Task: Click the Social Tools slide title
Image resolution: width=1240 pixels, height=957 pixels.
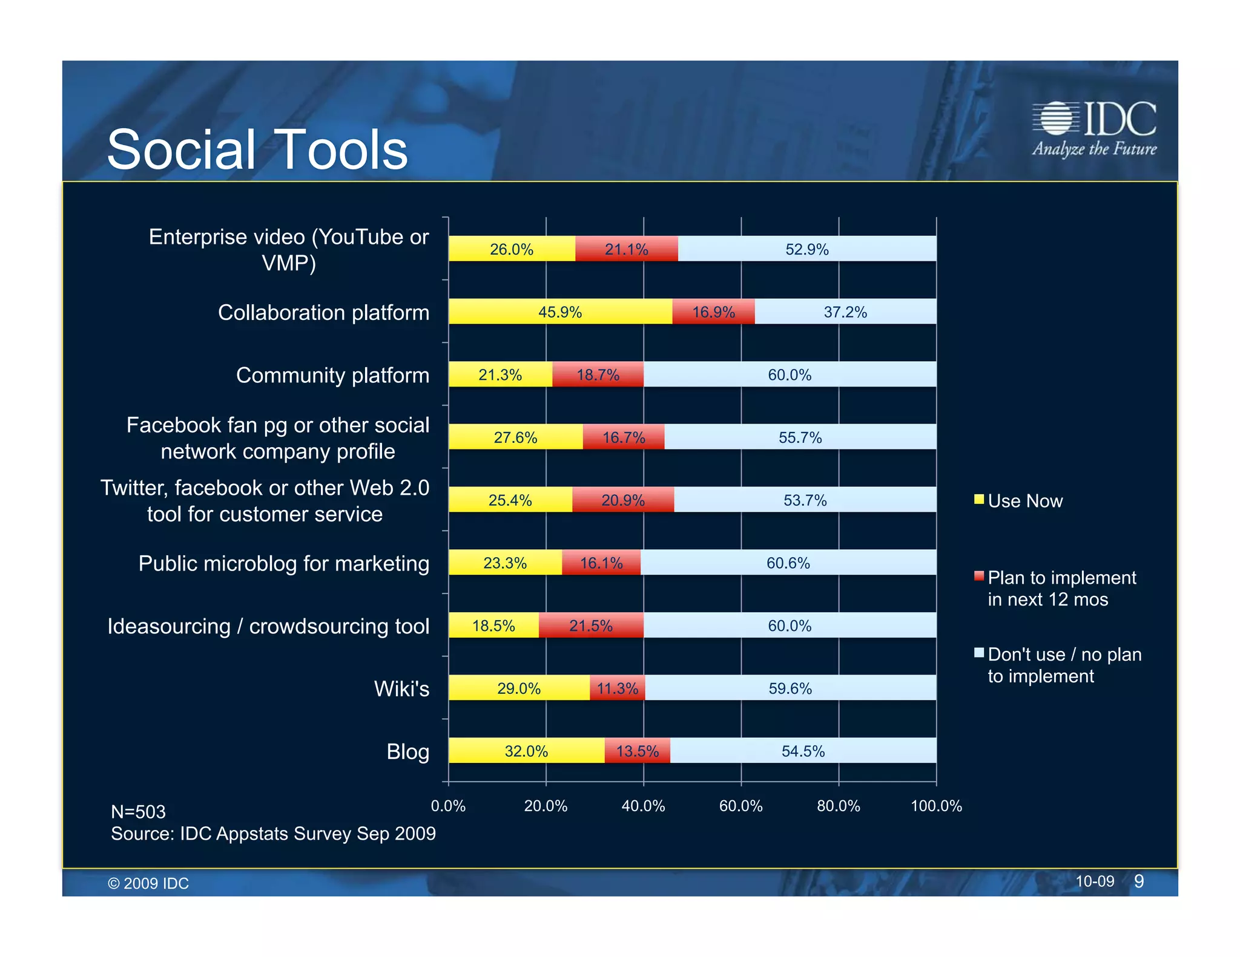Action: click(257, 149)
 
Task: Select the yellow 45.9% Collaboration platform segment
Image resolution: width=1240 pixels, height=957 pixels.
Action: click(560, 312)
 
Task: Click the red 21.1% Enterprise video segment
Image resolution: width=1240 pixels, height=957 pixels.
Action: click(627, 249)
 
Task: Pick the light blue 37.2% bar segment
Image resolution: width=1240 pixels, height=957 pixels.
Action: click(845, 312)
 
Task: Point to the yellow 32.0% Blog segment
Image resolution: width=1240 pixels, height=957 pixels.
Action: click(526, 751)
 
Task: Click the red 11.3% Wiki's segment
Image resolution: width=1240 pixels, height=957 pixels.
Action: click(618, 688)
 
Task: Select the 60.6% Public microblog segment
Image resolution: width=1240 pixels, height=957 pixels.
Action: click(788, 563)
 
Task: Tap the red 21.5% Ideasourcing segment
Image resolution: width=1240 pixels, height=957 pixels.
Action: click(591, 625)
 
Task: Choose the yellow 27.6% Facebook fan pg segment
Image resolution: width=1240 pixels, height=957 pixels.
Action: click(515, 437)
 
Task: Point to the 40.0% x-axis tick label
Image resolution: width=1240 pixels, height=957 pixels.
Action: click(643, 806)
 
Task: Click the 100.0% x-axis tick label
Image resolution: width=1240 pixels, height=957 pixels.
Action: click(936, 806)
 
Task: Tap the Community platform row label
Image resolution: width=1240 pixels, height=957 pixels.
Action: click(332, 375)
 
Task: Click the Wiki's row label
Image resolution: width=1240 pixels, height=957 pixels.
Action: click(401, 688)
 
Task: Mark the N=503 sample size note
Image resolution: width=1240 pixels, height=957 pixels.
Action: click(138, 811)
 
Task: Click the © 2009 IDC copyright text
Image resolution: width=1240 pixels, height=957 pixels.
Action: click(148, 883)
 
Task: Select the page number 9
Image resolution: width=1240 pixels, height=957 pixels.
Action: click(1138, 881)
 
